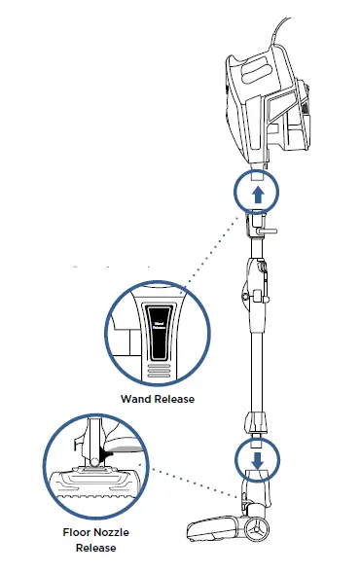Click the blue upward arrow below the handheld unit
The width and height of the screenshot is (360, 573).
[256, 194]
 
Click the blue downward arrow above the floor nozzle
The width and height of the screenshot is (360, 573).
[256, 456]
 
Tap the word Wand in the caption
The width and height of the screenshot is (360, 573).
[135, 399]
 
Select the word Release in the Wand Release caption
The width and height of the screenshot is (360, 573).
[174, 399]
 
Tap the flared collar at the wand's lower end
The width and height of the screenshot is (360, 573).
[256, 420]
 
